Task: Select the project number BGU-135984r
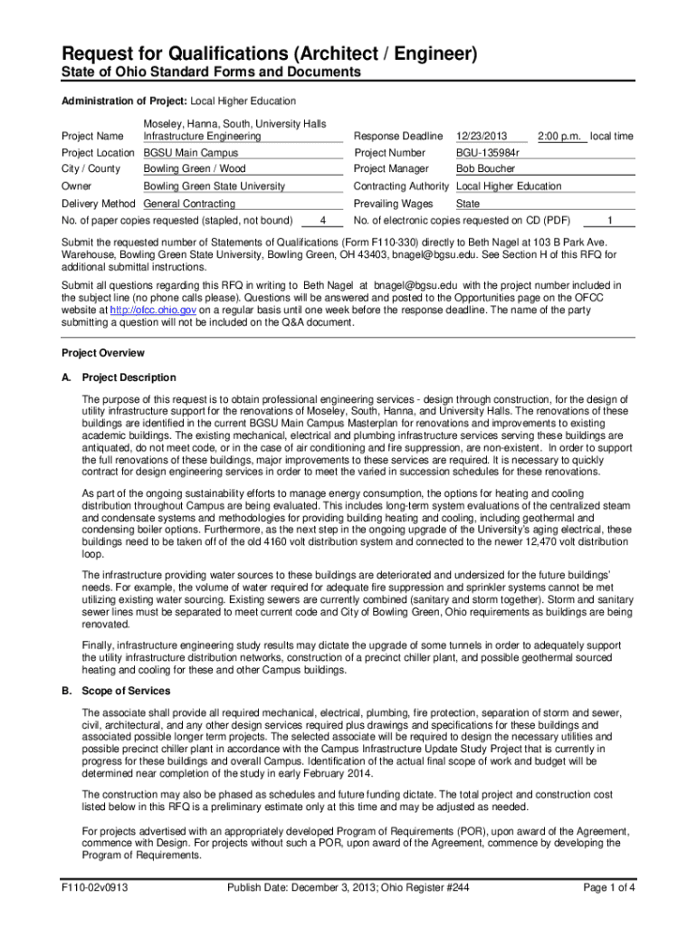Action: tap(492, 153)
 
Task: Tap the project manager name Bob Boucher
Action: tap(485, 168)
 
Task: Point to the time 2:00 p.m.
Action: tap(560, 136)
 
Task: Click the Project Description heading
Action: tap(129, 377)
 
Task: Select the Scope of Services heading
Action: tap(125, 691)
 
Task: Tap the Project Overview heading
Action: tap(102, 353)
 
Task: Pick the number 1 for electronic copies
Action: tap(611, 220)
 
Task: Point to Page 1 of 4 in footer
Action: tap(606, 888)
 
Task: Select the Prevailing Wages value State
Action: tap(468, 204)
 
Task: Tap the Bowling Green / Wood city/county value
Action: tap(195, 168)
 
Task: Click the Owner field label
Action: tap(76, 186)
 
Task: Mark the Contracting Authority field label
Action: tap(401, 186)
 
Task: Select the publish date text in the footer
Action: tap(348, 888)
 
